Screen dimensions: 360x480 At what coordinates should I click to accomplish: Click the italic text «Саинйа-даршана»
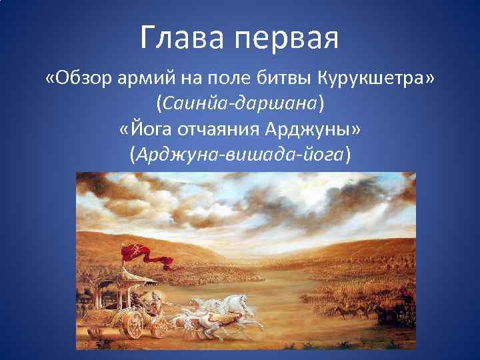tap(239, 104)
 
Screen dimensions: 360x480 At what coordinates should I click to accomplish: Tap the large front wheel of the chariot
tap(131, 325)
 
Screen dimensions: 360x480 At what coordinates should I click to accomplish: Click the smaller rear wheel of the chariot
tap(159, 327)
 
